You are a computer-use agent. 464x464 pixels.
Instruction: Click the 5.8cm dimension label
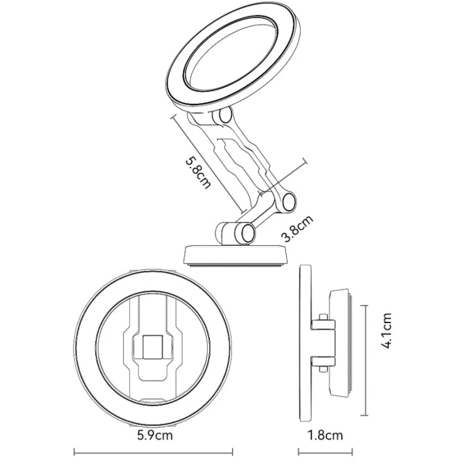click(197, 172)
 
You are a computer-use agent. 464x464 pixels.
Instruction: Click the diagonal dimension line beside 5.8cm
click(207, 162)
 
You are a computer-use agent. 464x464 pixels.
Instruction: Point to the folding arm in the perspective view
click(242, 160)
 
